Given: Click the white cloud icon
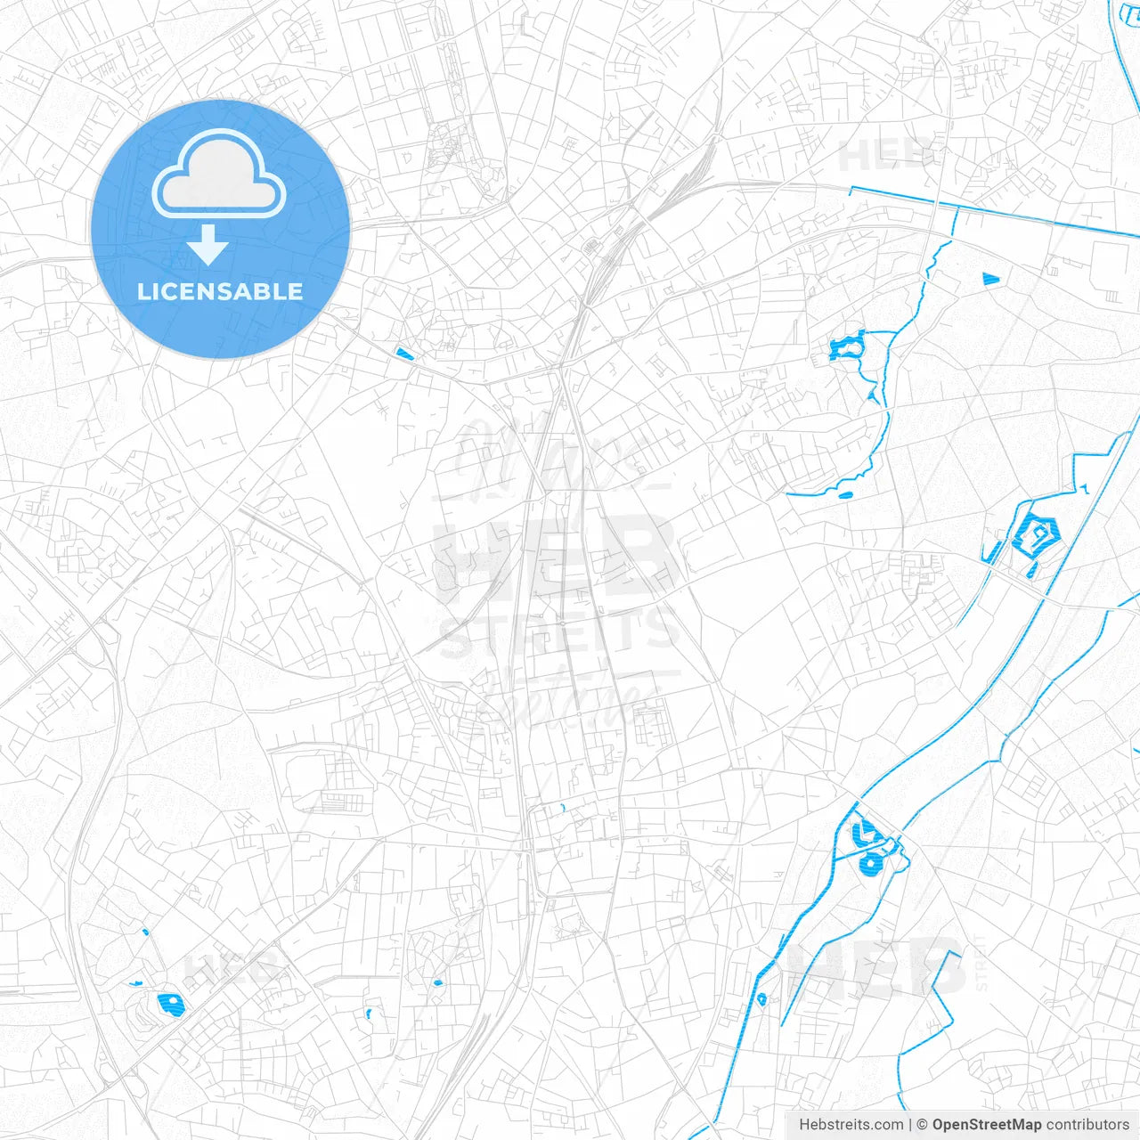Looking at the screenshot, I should point(219,174).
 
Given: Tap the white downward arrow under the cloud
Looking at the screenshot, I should point(208,245).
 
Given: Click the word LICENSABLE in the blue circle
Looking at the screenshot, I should point(220,291).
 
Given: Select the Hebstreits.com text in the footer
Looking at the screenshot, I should point(851,1125).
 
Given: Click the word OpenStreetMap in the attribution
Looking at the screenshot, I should point(986,1125).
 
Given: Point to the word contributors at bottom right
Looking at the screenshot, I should point(1087,1125).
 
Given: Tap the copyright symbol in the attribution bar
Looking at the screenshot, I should point(922,1125).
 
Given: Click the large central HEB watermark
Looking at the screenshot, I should point(557,557).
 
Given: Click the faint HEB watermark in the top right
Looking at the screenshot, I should point(886,156).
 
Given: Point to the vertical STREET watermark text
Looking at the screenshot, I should point(981,962).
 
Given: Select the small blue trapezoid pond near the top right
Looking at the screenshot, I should point(990,279).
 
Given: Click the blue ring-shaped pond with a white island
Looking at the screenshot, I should point(847,346).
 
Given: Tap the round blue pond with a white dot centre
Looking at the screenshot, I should point(868,862).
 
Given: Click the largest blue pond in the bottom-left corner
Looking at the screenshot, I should point(170,1005).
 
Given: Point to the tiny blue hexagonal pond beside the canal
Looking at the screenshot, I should point(761,998).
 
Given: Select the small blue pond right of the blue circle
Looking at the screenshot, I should point(404,354).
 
